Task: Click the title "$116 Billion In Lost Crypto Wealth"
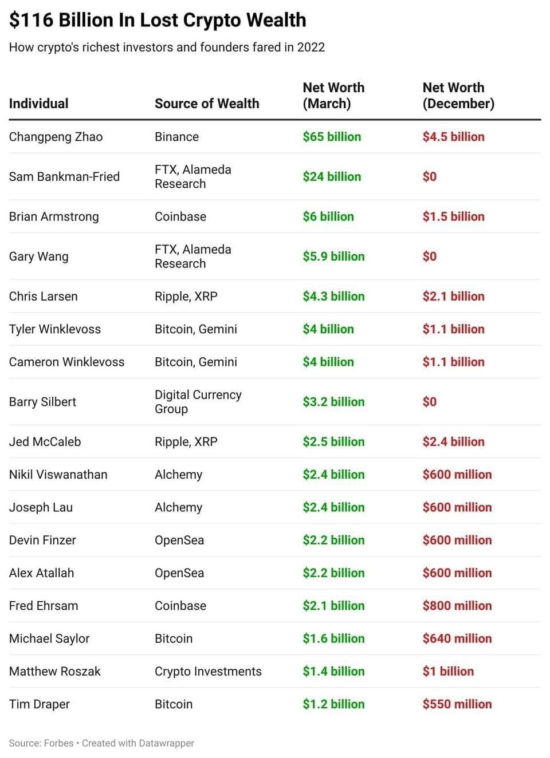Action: point(158,20)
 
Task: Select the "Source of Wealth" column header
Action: point(207,104)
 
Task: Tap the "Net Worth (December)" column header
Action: point(458,96)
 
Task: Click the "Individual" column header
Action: point(38,104)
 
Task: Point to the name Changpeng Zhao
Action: point(56,137)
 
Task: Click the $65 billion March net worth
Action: point(332,137)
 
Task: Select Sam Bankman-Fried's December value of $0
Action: point(429,177)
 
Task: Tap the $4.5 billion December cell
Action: point(453,137)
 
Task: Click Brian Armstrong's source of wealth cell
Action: point(180,217)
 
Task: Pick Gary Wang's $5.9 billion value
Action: point(333,256)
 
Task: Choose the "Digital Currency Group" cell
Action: point(198,402)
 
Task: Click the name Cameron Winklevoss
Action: point(66,362)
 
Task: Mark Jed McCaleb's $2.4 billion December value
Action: point(453,442)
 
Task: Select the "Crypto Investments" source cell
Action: point(208,672)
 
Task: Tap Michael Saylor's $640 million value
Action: point(457,639)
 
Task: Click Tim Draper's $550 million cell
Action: point(457,704)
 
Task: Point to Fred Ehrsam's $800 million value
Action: point(457,606)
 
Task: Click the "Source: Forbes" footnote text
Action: point(41,743)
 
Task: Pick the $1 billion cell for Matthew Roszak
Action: point(448,672)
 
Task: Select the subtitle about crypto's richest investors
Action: point(167,48)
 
